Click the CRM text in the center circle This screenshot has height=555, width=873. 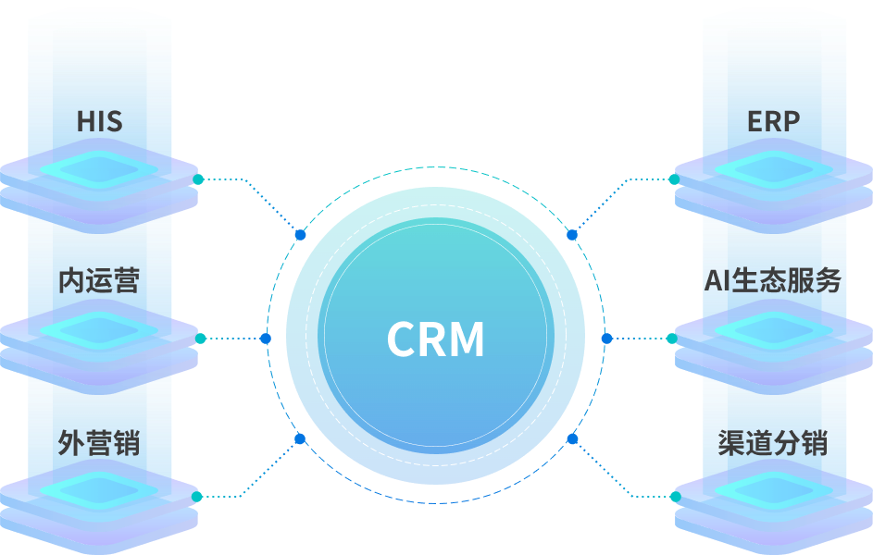(435, 339)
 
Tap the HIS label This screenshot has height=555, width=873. (99, 121)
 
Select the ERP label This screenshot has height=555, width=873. (773, 121)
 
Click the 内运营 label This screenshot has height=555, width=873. (99, 280)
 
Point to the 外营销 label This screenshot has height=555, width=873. (99, 443)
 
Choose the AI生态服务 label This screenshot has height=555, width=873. (773, 280)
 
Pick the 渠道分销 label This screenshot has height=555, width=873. (773, 443)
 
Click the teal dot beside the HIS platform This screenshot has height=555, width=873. (198, 179)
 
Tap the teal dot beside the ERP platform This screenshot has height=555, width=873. (674, 179)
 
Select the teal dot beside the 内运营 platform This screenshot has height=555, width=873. (201, 339)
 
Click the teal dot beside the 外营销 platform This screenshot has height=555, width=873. (196, 497)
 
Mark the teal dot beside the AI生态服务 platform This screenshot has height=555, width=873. (672, 339)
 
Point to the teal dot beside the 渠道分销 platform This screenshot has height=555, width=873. (676, 497)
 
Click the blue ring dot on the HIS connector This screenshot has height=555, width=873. (301, 235)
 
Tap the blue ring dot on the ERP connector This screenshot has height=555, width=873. (572, 235)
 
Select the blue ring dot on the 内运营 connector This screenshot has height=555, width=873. (266, 339)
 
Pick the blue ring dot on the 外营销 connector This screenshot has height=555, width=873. (300, 439)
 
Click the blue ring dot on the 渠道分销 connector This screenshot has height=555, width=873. (572, 439)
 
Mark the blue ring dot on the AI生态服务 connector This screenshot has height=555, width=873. (607, 339)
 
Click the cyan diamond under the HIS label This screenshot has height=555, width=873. (99, 169)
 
